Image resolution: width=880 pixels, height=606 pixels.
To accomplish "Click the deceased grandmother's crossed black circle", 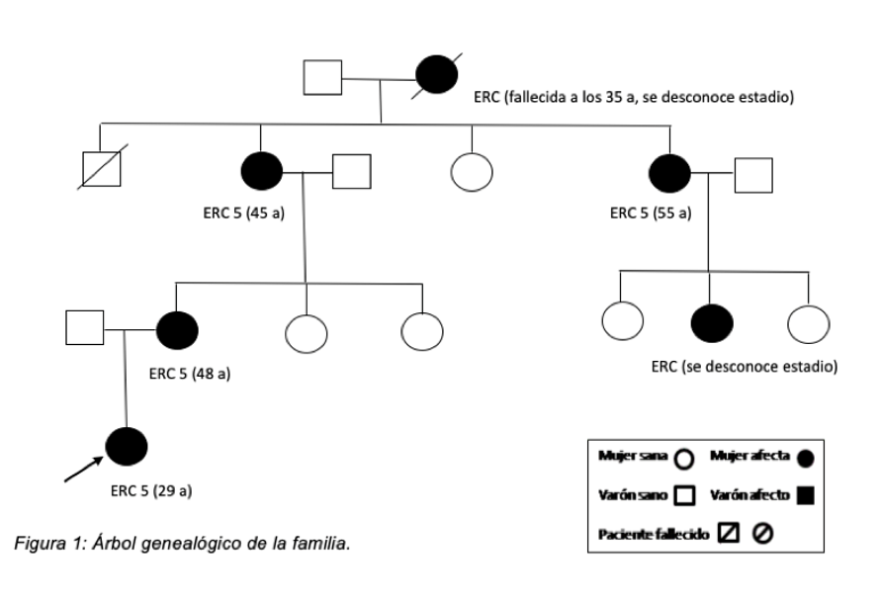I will pos(436,76).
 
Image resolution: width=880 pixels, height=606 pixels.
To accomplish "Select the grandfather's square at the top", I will pos(322,77).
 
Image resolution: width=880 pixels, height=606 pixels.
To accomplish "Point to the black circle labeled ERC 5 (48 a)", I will pos(177,328).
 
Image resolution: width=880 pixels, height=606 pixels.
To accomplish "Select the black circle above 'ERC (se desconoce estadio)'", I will pos(711,321).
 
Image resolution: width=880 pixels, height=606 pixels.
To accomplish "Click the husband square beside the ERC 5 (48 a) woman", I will pos(84,328).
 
